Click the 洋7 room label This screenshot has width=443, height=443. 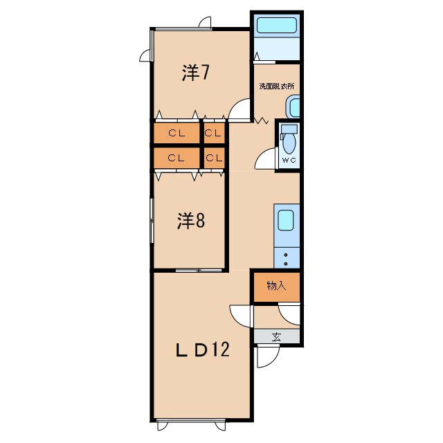coord(195,73)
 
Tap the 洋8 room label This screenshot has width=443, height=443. coord(191,221)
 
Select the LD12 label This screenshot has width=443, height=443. coord(202,350)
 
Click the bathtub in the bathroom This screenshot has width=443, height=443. coord(277,25)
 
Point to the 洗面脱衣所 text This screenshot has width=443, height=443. coord(277,86)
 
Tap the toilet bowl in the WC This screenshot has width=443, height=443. coord(289,143)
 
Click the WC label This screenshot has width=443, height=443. coord(289,160)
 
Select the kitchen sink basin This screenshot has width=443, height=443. coord(286,220)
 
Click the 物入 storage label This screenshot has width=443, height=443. coord(277,286)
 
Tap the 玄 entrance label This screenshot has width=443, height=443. coord(276,337)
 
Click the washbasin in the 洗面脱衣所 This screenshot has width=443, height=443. coord(293,107)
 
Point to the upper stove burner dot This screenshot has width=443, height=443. coord(286,255)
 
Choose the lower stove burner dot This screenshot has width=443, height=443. coord(286,264)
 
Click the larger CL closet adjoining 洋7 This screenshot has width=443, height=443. coord(177,132)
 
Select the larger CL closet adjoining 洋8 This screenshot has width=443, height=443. coord(177,158)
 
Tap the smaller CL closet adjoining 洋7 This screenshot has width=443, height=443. coord(214,132)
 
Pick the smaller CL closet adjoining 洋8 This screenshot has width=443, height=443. coord(214,158)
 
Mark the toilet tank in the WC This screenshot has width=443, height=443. coord(289,129)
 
